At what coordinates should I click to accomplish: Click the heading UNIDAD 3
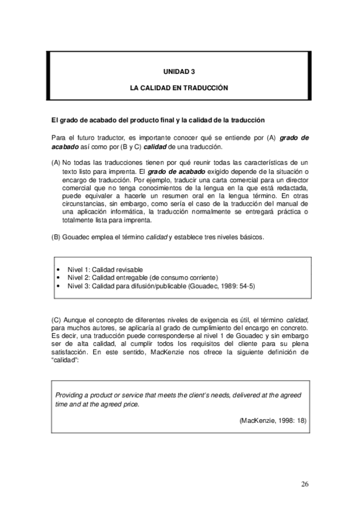coord(180,71)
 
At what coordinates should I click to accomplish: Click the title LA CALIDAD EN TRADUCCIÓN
coord(180,87)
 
